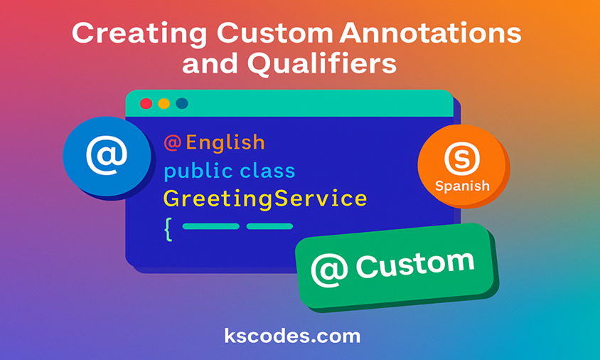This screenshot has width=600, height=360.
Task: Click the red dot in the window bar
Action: (x=146, y=104)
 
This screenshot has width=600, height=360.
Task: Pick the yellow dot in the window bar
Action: (x=164, y=104)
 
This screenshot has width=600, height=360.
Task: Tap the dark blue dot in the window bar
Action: (x=182, y=104)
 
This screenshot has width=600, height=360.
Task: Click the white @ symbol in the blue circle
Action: (x=107, y=155)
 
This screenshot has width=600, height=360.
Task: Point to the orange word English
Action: (x=225, y=143)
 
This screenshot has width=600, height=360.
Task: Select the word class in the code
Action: (x=267, y=171)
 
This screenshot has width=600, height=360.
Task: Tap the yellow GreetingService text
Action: (x=265, y=198)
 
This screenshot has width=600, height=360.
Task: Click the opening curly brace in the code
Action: (x=168, y=229)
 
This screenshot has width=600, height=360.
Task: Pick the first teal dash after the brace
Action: (x=210, y=227)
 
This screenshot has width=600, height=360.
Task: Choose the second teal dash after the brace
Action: (x=269, y=227)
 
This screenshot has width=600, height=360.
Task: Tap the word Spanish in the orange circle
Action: (x=462, y=186)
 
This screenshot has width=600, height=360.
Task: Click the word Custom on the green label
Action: (x=414, y=265)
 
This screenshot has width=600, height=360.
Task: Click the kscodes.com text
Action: (x=292, y=335)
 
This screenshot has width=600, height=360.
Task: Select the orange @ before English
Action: (x=173, y=143)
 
